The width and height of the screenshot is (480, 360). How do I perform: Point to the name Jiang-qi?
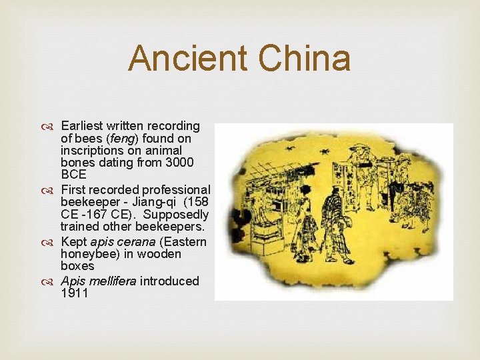click(x=154, y=202)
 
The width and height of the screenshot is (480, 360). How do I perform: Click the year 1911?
click(x=75, y=293)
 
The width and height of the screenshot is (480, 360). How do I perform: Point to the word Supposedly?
click(x=176, y=215)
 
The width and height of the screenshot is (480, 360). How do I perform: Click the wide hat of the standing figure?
click(x=361, y=147)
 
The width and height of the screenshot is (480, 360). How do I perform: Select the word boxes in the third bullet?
click(x=77, y=266)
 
